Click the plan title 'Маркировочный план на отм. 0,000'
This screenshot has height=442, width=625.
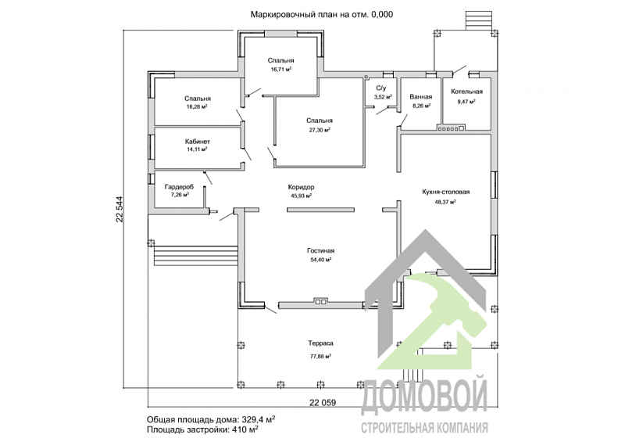pyautogui.click(x=322, y=15)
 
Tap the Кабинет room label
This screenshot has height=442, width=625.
pyautogui.click(x=198, y=142)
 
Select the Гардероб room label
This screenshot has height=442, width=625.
pyautogui.click(x=179, y=187)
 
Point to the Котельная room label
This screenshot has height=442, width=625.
pyautogui.click(x=466, y=92)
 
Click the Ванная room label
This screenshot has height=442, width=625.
pyautogui.click(x=421, y=97)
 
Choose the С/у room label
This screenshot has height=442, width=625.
pyautogui.click(x=381, y=88)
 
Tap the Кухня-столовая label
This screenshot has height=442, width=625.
pyautogui.click(x=445, y=192)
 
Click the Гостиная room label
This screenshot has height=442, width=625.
pyautogui.click(x=321, y=251)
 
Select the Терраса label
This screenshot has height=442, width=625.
pyautogui.click(x=320, y=343)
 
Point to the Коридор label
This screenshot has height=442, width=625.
pyautogui.click(x=301, y=187)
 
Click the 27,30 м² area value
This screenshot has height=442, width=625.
pyautogui.click(x=320, y=130)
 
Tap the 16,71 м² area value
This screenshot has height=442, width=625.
pyautogui.click(x=280, y=69)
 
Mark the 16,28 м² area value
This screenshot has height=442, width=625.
pyautogui.click(x=197, y=106)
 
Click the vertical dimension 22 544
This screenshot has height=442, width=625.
pyautogui.click(x=120, y=209)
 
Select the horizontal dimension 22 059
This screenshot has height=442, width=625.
pyautogui.click(x=323, y=402)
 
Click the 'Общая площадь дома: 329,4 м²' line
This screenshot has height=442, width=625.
pyautogui.click(x=211, y=419)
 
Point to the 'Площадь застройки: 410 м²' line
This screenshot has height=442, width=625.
pyautogui.click(x=202, y=429)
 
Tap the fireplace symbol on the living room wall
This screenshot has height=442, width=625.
pyautogui.click(x=321, y=301)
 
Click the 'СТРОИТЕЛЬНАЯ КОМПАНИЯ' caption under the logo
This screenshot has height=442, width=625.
pyautogui.click(x=424, y=428)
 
